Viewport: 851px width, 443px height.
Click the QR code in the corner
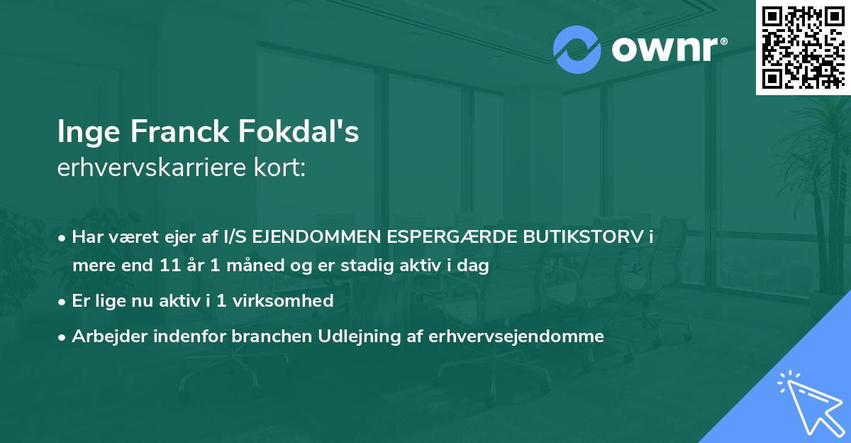pos(803,47)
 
